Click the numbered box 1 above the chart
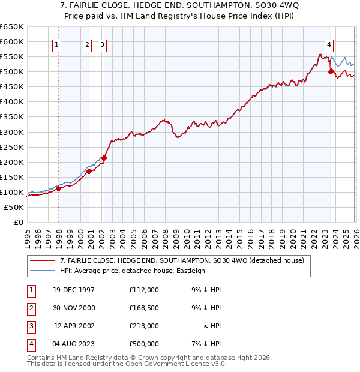click(x=56, y=44)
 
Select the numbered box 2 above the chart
click(x=87, y=44)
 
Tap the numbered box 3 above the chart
click(x=102, y=44)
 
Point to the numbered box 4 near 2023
click(x=329, y=44)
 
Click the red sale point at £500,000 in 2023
click(x=331, y=71)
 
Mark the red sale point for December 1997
click(x=59, y=188)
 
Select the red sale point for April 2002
click(x=104, y=158)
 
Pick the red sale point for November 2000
click(x=89, y=171)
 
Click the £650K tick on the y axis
click(x=12, y=27)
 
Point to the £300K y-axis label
click(x=12, y=132)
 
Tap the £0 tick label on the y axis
click(x=18, y=222)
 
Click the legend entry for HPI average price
click(x=132, y=271)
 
